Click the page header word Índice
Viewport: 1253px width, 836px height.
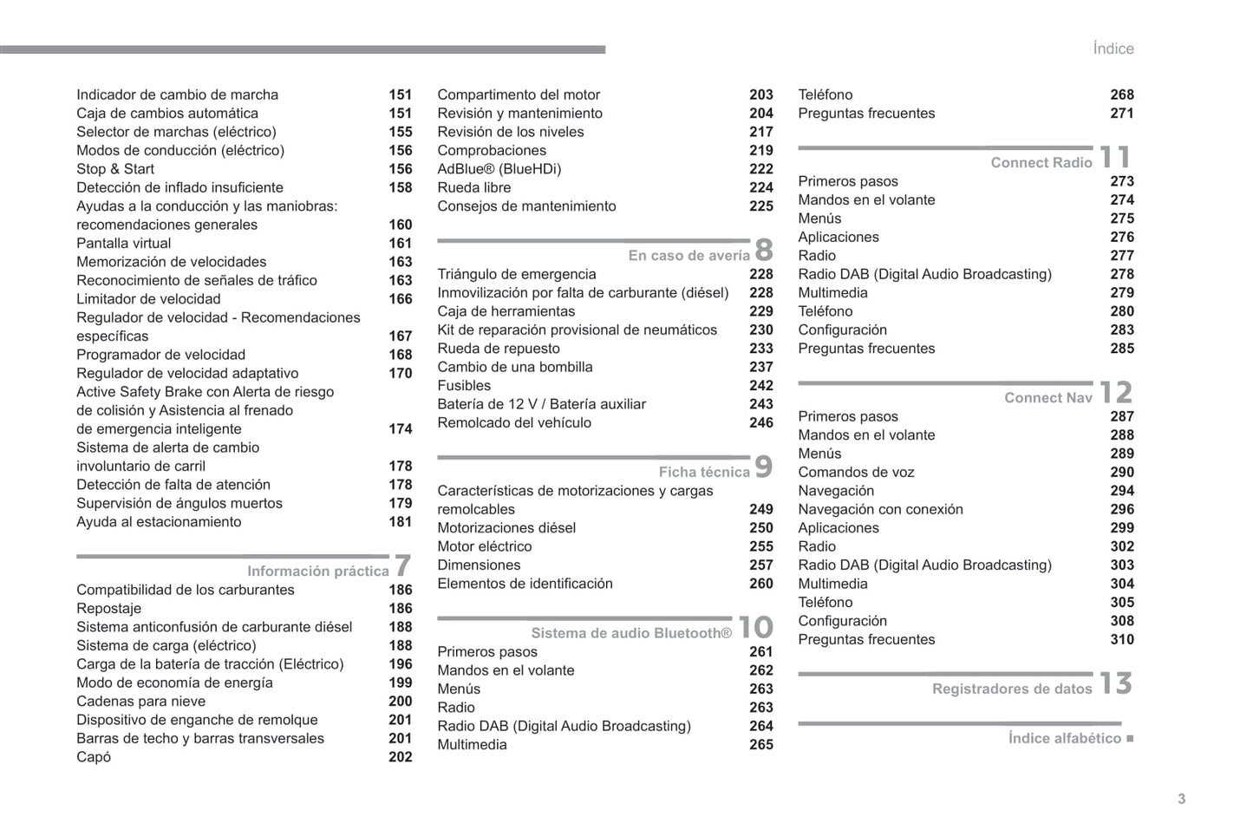[1113, 49]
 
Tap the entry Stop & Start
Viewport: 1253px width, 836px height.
[115, 169]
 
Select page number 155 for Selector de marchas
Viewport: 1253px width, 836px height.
[400, 132]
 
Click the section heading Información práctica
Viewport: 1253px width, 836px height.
[317, 571]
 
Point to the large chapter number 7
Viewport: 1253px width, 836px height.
[402, 565]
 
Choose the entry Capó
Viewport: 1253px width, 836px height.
[94, 757]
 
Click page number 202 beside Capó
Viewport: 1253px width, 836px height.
[400, 757]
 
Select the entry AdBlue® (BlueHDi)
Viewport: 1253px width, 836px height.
[499, 169]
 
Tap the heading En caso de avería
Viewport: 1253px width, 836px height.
[688, 255]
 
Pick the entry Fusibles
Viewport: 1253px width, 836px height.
[464, 386]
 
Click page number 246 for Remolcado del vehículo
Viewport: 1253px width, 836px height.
[760, 423]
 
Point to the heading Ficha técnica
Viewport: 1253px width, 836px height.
[703, 472]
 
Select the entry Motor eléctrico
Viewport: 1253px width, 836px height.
[484, 546]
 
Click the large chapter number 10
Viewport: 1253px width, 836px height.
[755, 627]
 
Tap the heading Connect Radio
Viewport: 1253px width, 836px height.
[1041, 162]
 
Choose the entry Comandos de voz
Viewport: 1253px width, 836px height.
[856, 473]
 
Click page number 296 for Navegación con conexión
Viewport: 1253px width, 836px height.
[1121, 510]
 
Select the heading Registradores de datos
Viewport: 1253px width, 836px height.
[1011, 689]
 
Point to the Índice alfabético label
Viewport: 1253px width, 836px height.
[1064, 738]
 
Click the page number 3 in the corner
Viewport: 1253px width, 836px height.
[1181, 799]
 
